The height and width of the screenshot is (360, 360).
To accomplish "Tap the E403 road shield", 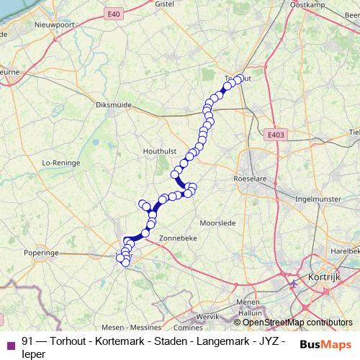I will pos(274,135).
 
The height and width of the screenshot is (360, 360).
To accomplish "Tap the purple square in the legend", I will pos(10,344).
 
